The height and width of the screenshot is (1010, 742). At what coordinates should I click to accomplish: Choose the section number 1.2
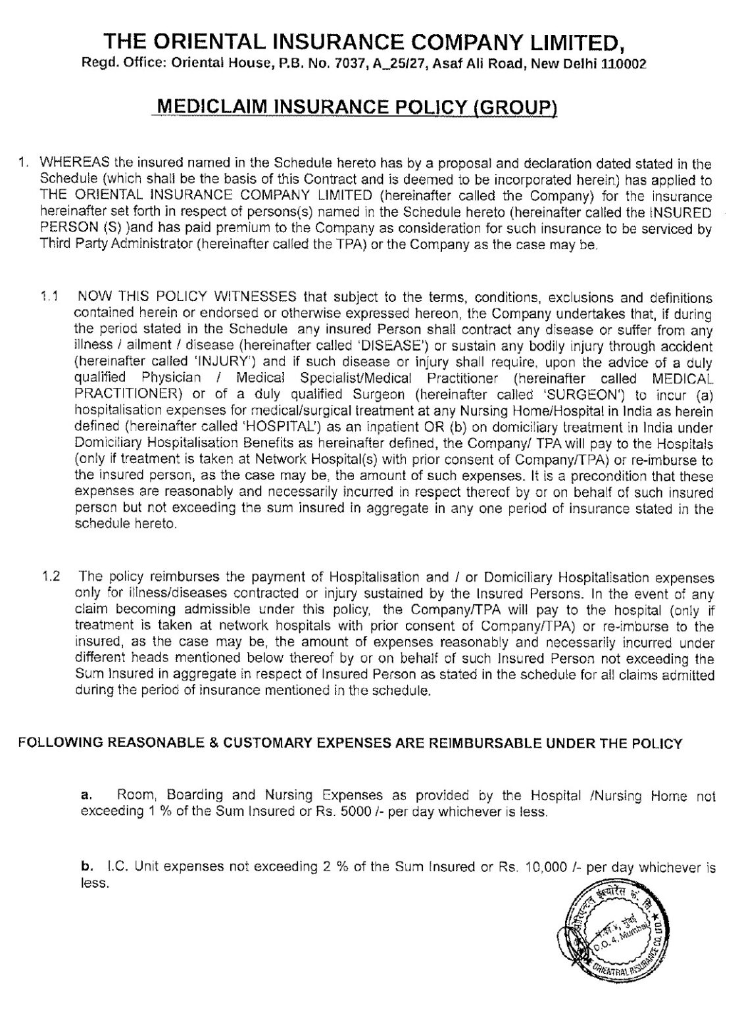coord(51,577)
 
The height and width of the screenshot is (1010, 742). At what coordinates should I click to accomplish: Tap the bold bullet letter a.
coord(84,796)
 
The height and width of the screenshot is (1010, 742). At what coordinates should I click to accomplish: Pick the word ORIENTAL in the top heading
coord(212,43)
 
